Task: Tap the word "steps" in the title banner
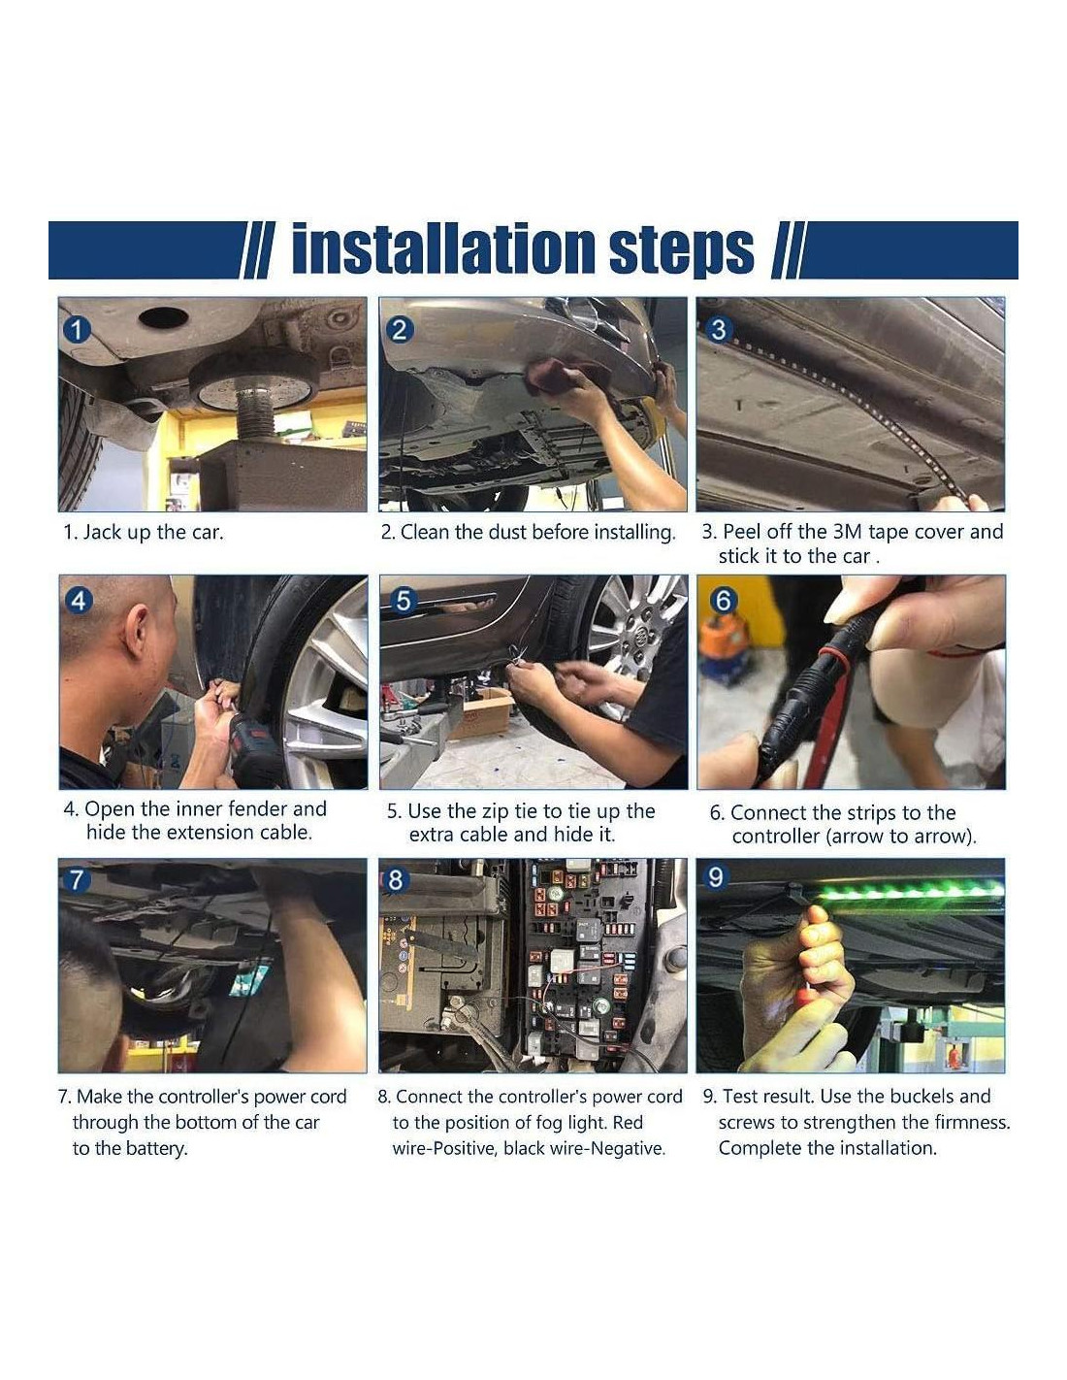click(680, 252)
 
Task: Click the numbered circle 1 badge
click(77, 330)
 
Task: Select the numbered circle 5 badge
click(403, 600)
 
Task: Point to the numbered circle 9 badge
click(715, 877)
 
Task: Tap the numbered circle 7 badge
click(77, 879)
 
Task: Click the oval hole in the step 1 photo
click(163, 317)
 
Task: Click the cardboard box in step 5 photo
click(486, 713)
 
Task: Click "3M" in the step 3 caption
click(848, 532)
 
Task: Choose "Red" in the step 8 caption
click(628, 1122)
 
